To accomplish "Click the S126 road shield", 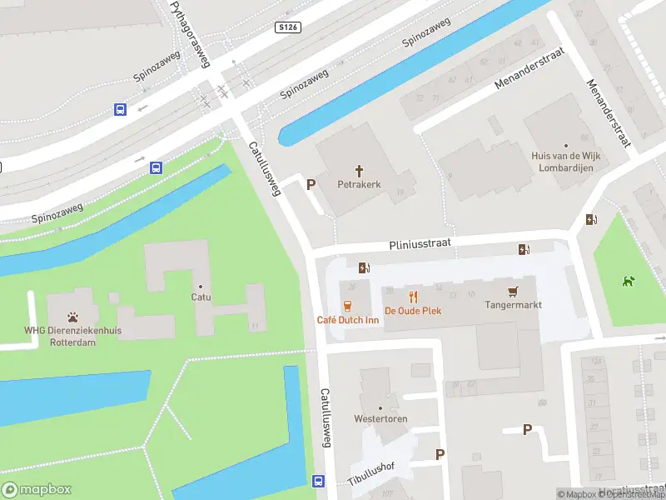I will [287, 27].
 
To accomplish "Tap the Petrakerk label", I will [359, 184].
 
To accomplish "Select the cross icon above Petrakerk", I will [360, 170].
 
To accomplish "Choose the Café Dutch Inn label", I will [348, 320].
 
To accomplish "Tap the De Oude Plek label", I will [412, 311].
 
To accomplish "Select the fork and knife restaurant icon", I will [412, 296].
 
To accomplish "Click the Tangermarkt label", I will [513, 305].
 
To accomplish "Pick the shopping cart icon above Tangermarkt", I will [513, 291].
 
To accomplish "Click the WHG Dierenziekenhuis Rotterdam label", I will [72, 337].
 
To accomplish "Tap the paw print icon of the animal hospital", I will [73, 317].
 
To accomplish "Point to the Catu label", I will [201, 297].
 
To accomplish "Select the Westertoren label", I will [380, 418].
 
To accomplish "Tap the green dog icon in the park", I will [628, 281].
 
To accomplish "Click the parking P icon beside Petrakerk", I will [311, 184].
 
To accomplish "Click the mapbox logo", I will [35, 489].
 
